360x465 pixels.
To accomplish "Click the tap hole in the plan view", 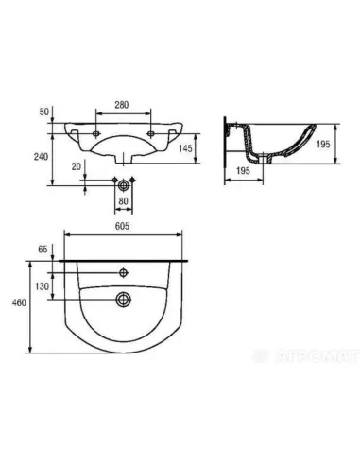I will pos(123,273).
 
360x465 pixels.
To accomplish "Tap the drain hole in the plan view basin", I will pos(123,301).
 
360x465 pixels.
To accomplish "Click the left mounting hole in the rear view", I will pos(98,136).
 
